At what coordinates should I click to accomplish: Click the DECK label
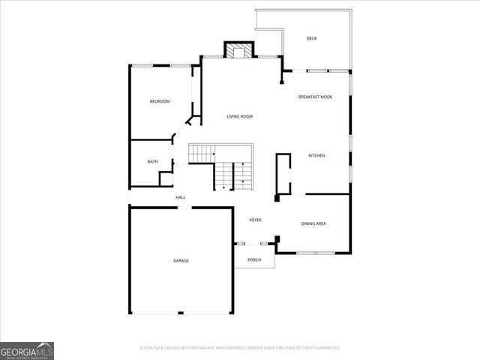[313, 38]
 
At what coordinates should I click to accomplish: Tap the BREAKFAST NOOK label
[315, 97]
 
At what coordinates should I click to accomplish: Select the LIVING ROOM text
[240, 116]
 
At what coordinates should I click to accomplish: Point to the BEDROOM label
[159, 101]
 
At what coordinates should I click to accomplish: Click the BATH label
[152, 161]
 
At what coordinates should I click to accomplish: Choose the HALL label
[181, 197]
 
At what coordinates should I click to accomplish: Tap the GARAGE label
[181, 260]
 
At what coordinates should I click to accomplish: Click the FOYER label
[255, 219]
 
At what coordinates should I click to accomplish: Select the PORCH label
[254, 259]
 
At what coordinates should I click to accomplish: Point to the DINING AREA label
[313, 223]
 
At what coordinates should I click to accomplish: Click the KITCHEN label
[316, 155]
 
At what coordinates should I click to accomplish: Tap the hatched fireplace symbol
[240, 51]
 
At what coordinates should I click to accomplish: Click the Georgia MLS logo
[27, 350]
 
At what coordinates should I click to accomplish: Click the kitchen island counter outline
[283, 175]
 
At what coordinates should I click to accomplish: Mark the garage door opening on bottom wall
[180, 313]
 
